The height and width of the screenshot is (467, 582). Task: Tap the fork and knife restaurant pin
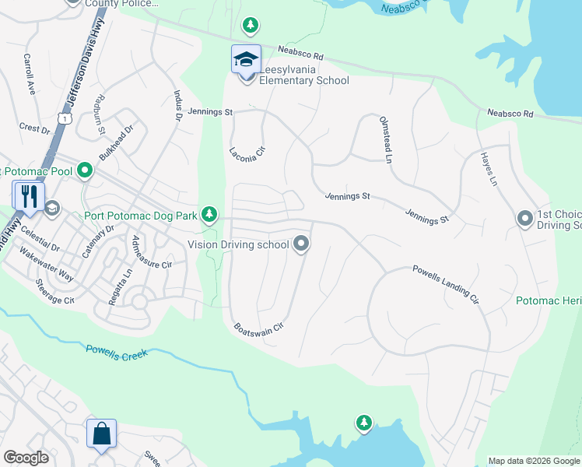point(29,196)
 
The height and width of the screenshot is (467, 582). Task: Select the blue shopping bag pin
point(102,434)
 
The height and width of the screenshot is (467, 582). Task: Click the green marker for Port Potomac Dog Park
point(209,213)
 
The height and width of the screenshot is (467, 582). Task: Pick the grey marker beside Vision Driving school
point(302,245)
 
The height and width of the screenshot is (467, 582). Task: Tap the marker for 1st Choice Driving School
point(525,219)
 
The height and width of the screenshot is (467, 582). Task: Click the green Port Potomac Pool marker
point(85,170)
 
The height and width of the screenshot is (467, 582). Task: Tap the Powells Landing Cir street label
point(444,282)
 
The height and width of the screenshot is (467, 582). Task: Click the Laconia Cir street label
point(247,149)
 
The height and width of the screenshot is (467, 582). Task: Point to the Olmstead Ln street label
point(384,140)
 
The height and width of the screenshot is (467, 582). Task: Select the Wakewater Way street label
point(47,265)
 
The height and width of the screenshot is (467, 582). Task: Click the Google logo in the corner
point(26,458)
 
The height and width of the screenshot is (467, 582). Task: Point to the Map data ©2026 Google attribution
point(534,461)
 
